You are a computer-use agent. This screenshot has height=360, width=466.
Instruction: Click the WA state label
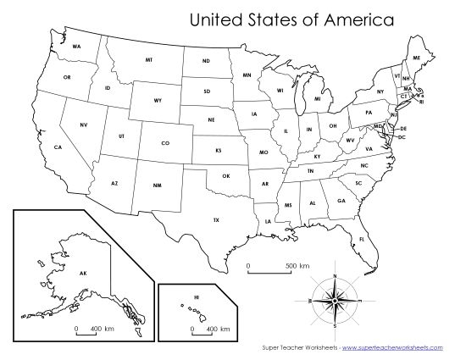pyautogui.click(x=77, y=46)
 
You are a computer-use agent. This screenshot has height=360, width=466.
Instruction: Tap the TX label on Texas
pyautogui.click(x=216, y=220)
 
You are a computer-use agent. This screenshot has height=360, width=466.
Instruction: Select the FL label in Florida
pyautogui.click(x=363, y=240)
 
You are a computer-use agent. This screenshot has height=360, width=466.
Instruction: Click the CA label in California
pyautogui.click(x=58, y=147)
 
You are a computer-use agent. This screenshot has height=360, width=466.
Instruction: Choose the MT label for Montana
pyautogui.click(x=149, y=61)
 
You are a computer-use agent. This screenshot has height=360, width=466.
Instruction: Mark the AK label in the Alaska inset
pyautogui.click(x=83, y=273)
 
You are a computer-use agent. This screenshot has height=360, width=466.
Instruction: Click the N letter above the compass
pyautogui.click(x=336, y=277)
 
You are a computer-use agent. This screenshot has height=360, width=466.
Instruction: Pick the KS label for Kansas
pyautogui.click(x=219, y=150)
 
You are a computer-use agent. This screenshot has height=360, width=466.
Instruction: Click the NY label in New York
pyautogui.click(x=380, y=91)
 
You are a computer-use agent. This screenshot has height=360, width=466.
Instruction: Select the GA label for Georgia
pyautogui.click(x=341, y=201)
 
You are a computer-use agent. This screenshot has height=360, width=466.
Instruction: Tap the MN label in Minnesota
pyautogui.click(x=247, y=75)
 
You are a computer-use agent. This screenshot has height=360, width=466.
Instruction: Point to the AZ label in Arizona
pyautogui.click(x=114, y=182)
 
